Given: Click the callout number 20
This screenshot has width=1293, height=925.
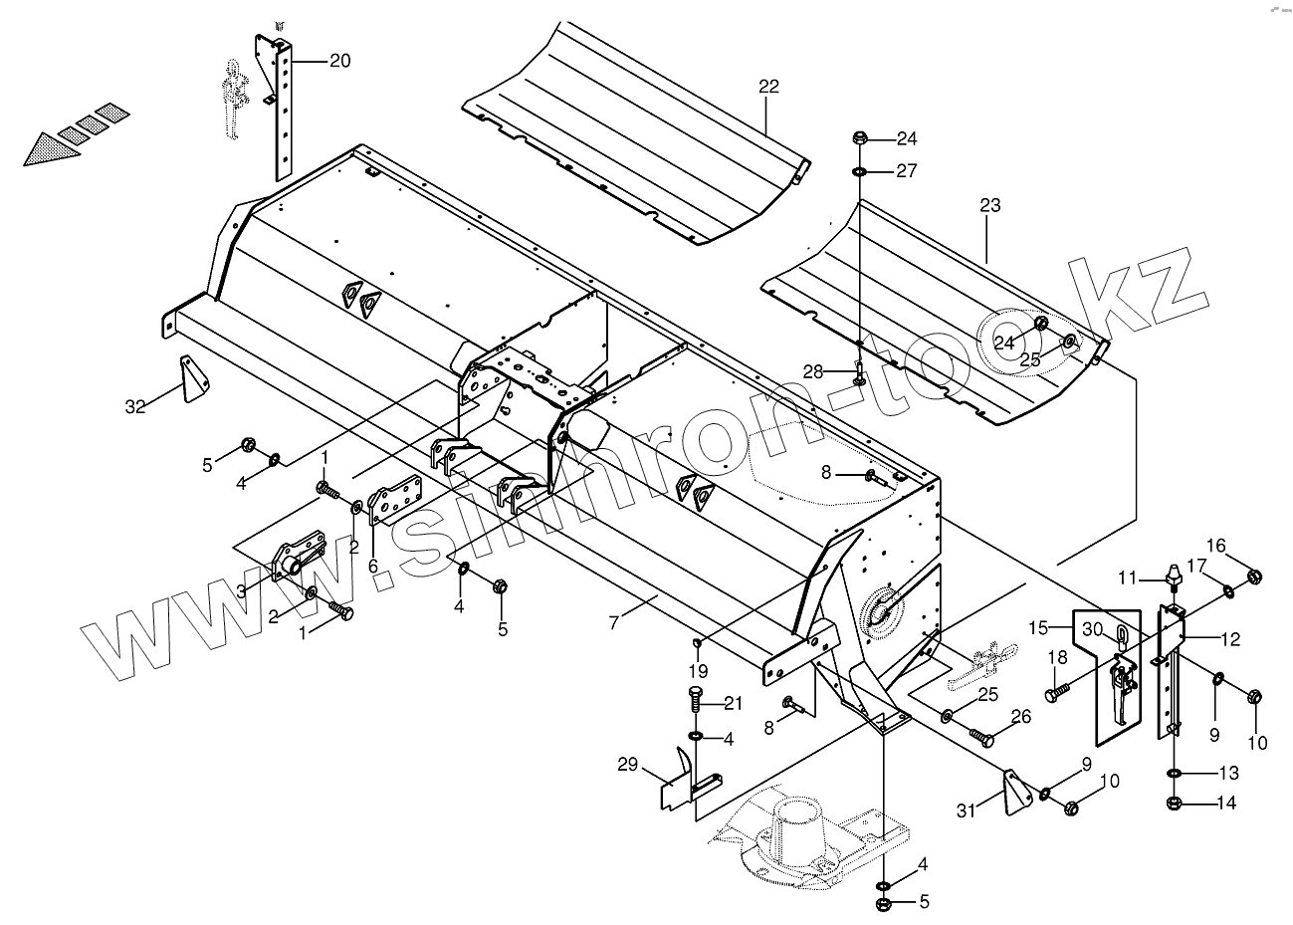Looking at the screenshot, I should coord(339,61).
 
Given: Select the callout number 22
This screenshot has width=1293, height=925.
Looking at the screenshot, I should coord(767,87).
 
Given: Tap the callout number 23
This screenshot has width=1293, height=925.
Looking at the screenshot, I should coord(989,206).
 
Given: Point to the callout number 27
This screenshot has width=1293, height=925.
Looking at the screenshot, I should coord(905,171).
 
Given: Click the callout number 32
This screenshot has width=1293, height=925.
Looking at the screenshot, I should coord(135,406).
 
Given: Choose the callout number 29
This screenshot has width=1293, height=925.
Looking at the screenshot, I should coord(627,765).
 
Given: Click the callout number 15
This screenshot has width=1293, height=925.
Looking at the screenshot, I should coord(1039,628).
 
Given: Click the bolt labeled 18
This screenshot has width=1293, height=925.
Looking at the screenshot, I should coord(1057,688).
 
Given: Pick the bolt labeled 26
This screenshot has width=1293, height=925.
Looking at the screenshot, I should coord(982,738).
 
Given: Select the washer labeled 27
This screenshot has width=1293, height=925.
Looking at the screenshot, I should coord(859,171).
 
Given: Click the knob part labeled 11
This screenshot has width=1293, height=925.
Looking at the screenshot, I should coord(1173,575).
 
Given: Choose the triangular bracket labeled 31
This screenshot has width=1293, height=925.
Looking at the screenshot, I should coord(1014,791).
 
